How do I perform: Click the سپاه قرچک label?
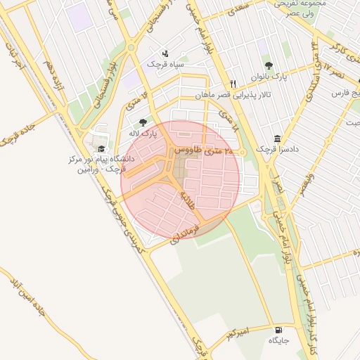165,64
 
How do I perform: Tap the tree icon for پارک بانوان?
268,65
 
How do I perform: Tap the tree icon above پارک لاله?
143,122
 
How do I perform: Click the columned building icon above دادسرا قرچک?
277,139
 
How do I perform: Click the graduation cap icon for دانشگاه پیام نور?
101,149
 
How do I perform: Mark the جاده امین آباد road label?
27,302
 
